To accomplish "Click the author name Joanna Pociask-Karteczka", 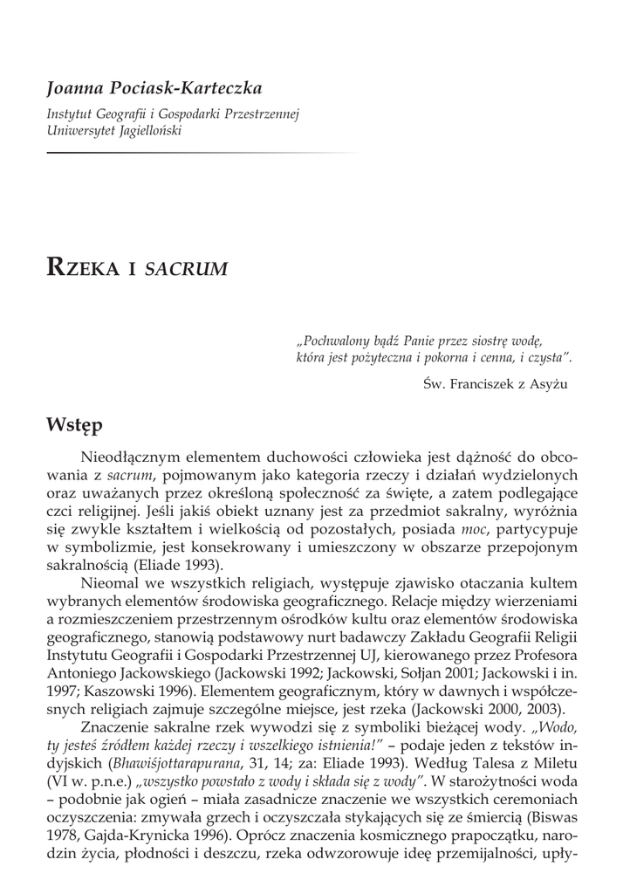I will click(154, 89).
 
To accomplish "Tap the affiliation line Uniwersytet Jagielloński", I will click(115, 130).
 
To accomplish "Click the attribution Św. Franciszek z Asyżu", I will click(494, 384).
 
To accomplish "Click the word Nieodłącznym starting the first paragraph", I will click(134, 457).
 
